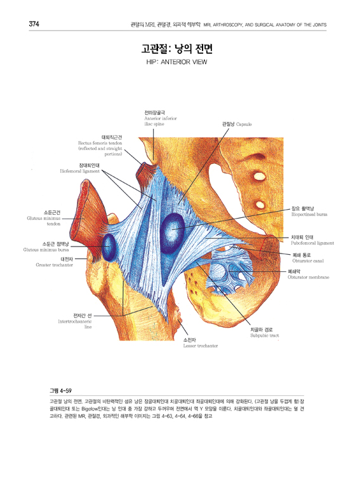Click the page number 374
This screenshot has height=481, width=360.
pos(34,24)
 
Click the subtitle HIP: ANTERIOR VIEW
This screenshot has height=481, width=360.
pos(177,62)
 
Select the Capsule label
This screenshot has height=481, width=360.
pos(237,125)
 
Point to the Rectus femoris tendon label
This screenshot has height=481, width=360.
pos(100,146)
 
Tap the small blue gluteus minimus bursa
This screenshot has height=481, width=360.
pos(109,247)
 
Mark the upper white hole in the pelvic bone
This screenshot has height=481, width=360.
pos(260,177)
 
